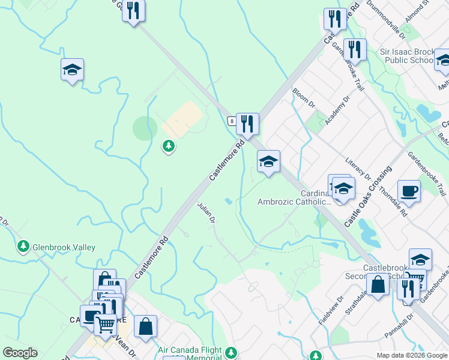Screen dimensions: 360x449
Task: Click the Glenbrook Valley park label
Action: [64, 247]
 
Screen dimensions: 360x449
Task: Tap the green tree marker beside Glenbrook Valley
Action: [23, 247]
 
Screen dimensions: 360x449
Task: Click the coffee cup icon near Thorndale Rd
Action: [409, 191]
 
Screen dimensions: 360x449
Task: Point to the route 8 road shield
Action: [231, 121]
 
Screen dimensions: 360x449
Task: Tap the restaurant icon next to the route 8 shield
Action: [247, 124]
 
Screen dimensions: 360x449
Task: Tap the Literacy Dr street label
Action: [359, 169]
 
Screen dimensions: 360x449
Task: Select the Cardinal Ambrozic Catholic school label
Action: [294, 198]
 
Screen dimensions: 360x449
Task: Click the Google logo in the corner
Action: [20, 353]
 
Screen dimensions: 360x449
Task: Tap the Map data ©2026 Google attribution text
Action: [412, 355]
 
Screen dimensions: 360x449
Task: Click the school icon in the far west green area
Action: [72, 70]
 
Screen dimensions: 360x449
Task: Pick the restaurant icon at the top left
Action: [133, 11]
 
